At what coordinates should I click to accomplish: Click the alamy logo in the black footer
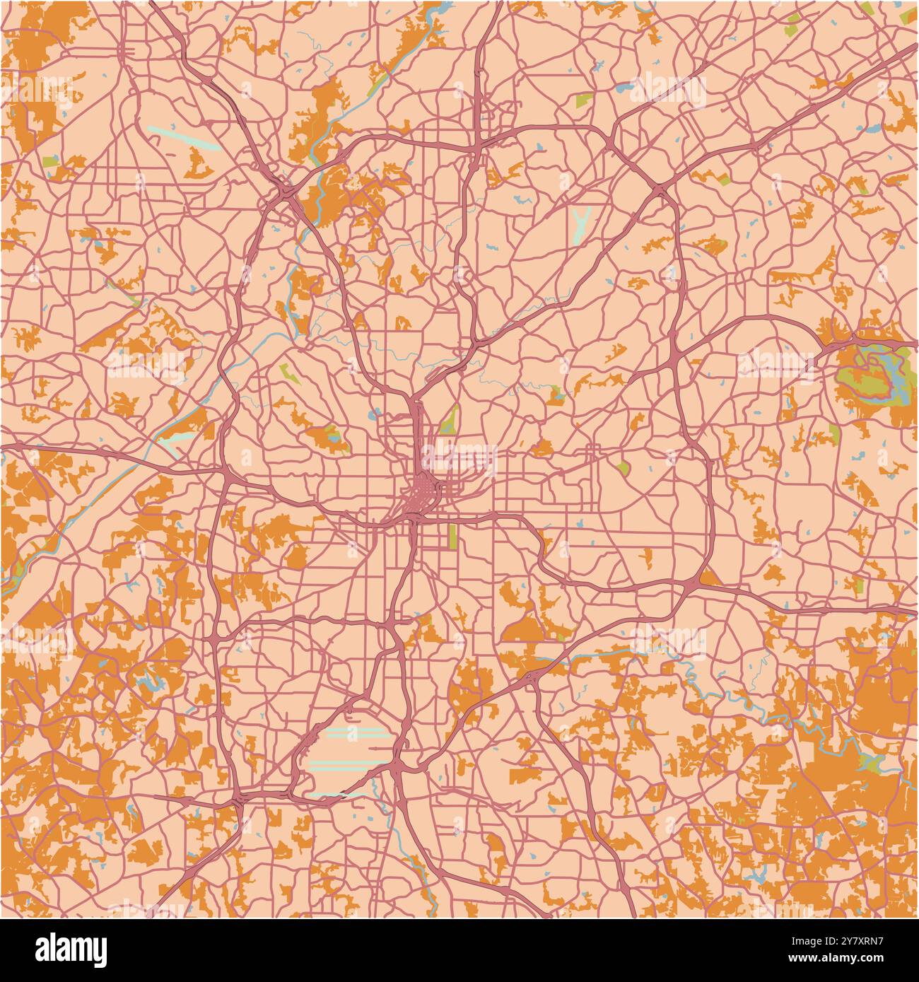click(x=71, y=949)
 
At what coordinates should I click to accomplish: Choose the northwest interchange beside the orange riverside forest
click(x=288, y=191)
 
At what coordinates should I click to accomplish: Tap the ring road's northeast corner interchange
click(x=659, y=189)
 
